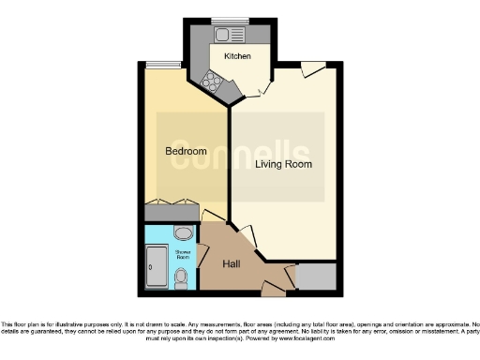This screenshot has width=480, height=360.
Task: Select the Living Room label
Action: pyautogui.click(x=284, y=164)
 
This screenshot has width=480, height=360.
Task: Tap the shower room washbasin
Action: pyautogui.click(x=184, y=232)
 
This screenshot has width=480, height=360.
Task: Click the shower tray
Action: pyautogui.click(x=156, y=266)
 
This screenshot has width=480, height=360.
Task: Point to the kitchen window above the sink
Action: pyautogui.click(x=225, y=21)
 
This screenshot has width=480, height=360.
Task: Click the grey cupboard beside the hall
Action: pyautogui.click(x=315, y=277)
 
